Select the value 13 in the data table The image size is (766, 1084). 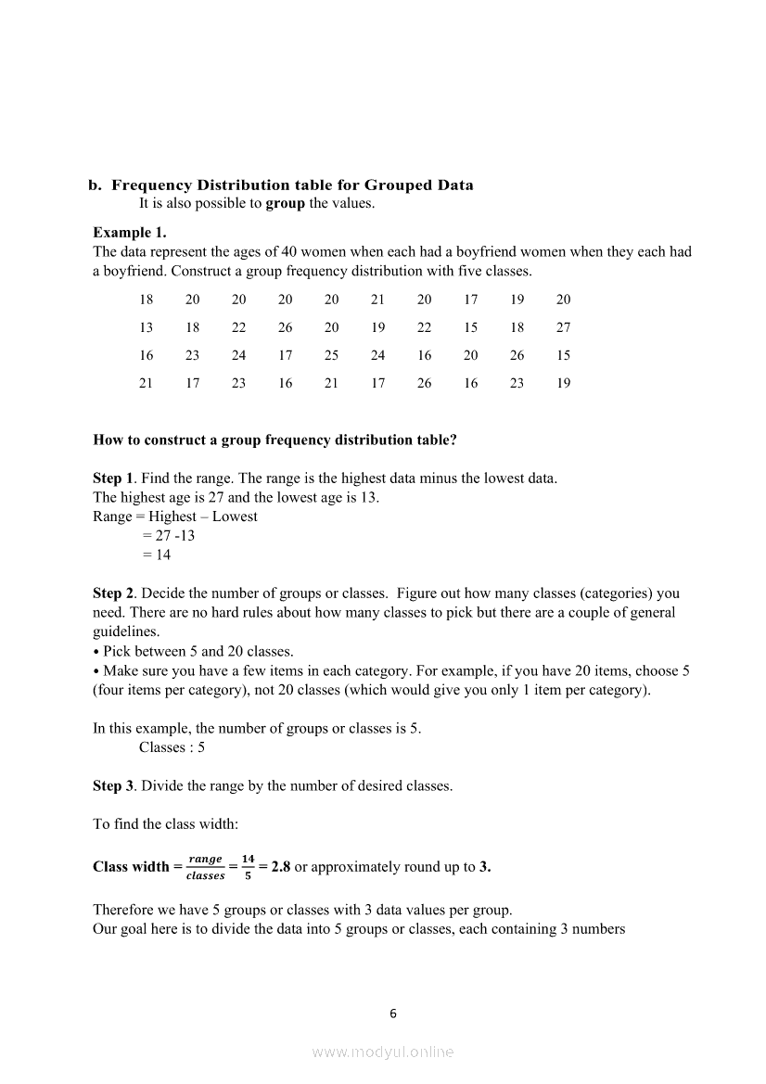tap(147, 327)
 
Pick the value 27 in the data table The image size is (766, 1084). tap(564, 327)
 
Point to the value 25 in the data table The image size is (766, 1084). tap(331, 355)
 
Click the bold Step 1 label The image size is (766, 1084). tap(113, 478)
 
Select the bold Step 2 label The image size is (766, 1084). tap(113, 593)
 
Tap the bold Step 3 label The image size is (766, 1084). tap(113, 786)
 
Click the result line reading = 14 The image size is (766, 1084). tap(156, 555)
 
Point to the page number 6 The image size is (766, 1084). tap(392, 1014)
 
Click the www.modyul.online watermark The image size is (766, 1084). tap(383, 1052)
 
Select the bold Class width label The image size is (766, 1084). tap(131, 867)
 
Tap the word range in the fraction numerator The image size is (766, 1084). tap(205, 860)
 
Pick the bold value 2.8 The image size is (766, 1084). tap(281, 867)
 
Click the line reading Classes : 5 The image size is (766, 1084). tap(172, 747)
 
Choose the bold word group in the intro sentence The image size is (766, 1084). tap(285, 203)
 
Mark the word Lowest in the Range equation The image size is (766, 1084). tap(235, 516)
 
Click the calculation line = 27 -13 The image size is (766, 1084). tap(168, 536)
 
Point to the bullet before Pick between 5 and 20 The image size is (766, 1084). tap(96, 652)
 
